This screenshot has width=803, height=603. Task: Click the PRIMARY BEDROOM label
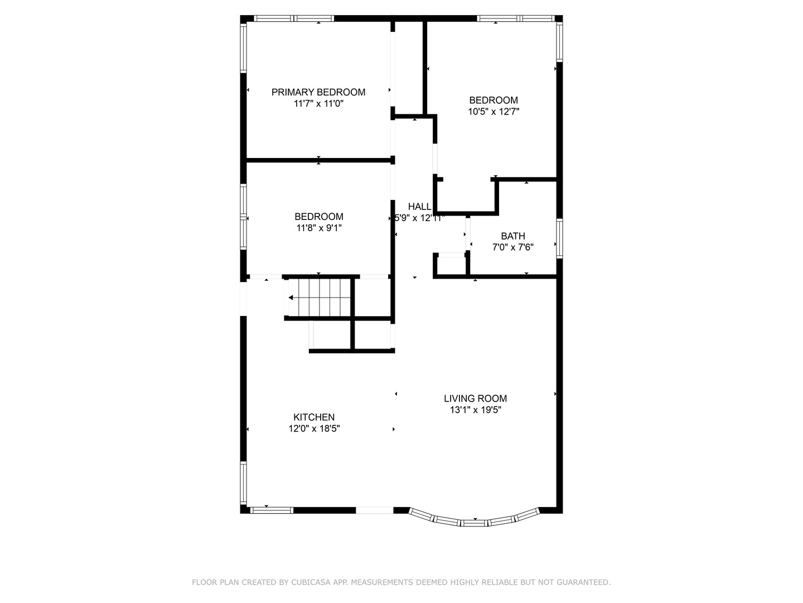tap(318, 92)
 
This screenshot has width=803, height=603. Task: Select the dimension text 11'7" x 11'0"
tap(318, 104)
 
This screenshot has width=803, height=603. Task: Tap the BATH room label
tap(512, 236)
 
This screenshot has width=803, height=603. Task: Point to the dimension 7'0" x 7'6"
tap(512, 247)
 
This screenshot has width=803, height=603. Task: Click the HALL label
tap(419, 207)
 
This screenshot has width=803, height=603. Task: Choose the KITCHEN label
tap(314, 417)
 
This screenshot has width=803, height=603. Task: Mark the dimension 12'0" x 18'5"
tap(314, 429)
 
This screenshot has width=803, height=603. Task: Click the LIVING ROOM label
tap(475, 399)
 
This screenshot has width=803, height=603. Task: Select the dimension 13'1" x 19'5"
tap(475, 410)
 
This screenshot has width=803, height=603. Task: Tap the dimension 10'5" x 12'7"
tap(494, 112)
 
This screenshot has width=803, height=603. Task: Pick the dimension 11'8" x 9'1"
tap(318, 228)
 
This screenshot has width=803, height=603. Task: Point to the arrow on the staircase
tap(292, 298)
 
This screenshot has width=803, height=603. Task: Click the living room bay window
tap(474, 522)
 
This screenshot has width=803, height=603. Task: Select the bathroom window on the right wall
tap(559, 238)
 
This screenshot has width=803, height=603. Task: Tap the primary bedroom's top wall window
tap(294, 18)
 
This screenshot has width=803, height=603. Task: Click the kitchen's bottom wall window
tap(271, 510)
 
